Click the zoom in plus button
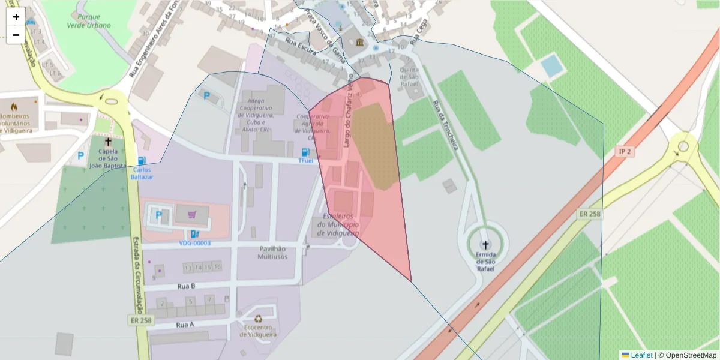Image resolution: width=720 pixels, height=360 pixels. [16, 17]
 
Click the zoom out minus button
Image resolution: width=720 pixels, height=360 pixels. [16, 35]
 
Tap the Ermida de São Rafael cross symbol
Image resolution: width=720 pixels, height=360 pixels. [485, 245]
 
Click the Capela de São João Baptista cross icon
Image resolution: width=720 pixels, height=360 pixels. [108, 142]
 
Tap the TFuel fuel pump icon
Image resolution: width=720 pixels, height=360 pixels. [306, 153]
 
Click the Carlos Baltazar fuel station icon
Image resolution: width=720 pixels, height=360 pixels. [142, 161]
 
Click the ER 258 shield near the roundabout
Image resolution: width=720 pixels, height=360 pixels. [590, 214]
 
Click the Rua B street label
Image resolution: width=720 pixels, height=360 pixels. [186, 286]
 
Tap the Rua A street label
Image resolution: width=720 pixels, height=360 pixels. [185, 325]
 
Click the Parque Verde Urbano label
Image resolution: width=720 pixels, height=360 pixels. [90, 21]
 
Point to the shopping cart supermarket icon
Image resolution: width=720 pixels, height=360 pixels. [191, 214]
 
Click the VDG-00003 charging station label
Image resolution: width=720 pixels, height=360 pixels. [195, 243]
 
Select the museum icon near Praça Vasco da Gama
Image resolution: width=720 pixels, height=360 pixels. [359, 42]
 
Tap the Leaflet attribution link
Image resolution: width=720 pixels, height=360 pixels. [641, 355]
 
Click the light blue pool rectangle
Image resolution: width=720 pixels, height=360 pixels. [550, 65]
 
